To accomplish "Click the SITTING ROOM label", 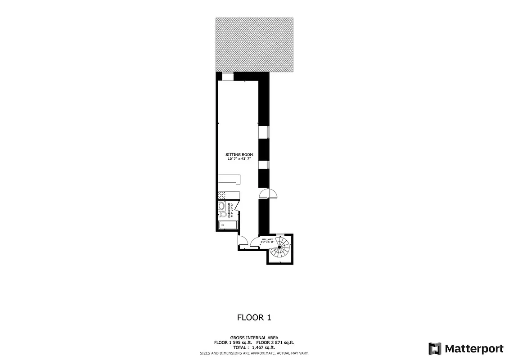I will click(239, 155).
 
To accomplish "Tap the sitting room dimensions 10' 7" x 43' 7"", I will click(239, 159).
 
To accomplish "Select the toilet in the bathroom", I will click(222, 214).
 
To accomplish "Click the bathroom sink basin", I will click(221, 206).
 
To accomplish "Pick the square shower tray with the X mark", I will click(222, 195).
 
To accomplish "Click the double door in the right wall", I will click(269, 193).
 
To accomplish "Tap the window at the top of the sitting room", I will click(228, 76).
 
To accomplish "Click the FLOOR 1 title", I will click(254, 317).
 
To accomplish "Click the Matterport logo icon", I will click(435, 349).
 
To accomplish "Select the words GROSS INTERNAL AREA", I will click(254, 337).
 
